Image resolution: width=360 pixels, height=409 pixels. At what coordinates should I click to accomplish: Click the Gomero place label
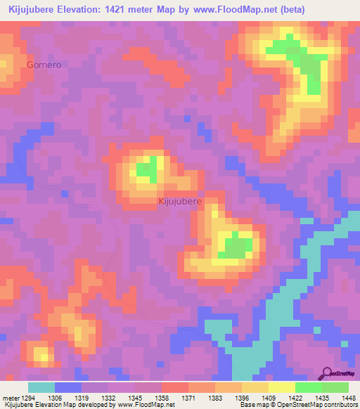(44, 65)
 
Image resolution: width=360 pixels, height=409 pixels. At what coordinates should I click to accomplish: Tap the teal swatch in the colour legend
(41, 387)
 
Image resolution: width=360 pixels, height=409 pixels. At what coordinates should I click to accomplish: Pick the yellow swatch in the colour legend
(282, 387)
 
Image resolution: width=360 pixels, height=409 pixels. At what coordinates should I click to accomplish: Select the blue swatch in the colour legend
(68, 387)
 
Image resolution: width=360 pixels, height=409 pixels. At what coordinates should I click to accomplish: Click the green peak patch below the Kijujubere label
(236, 247)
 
